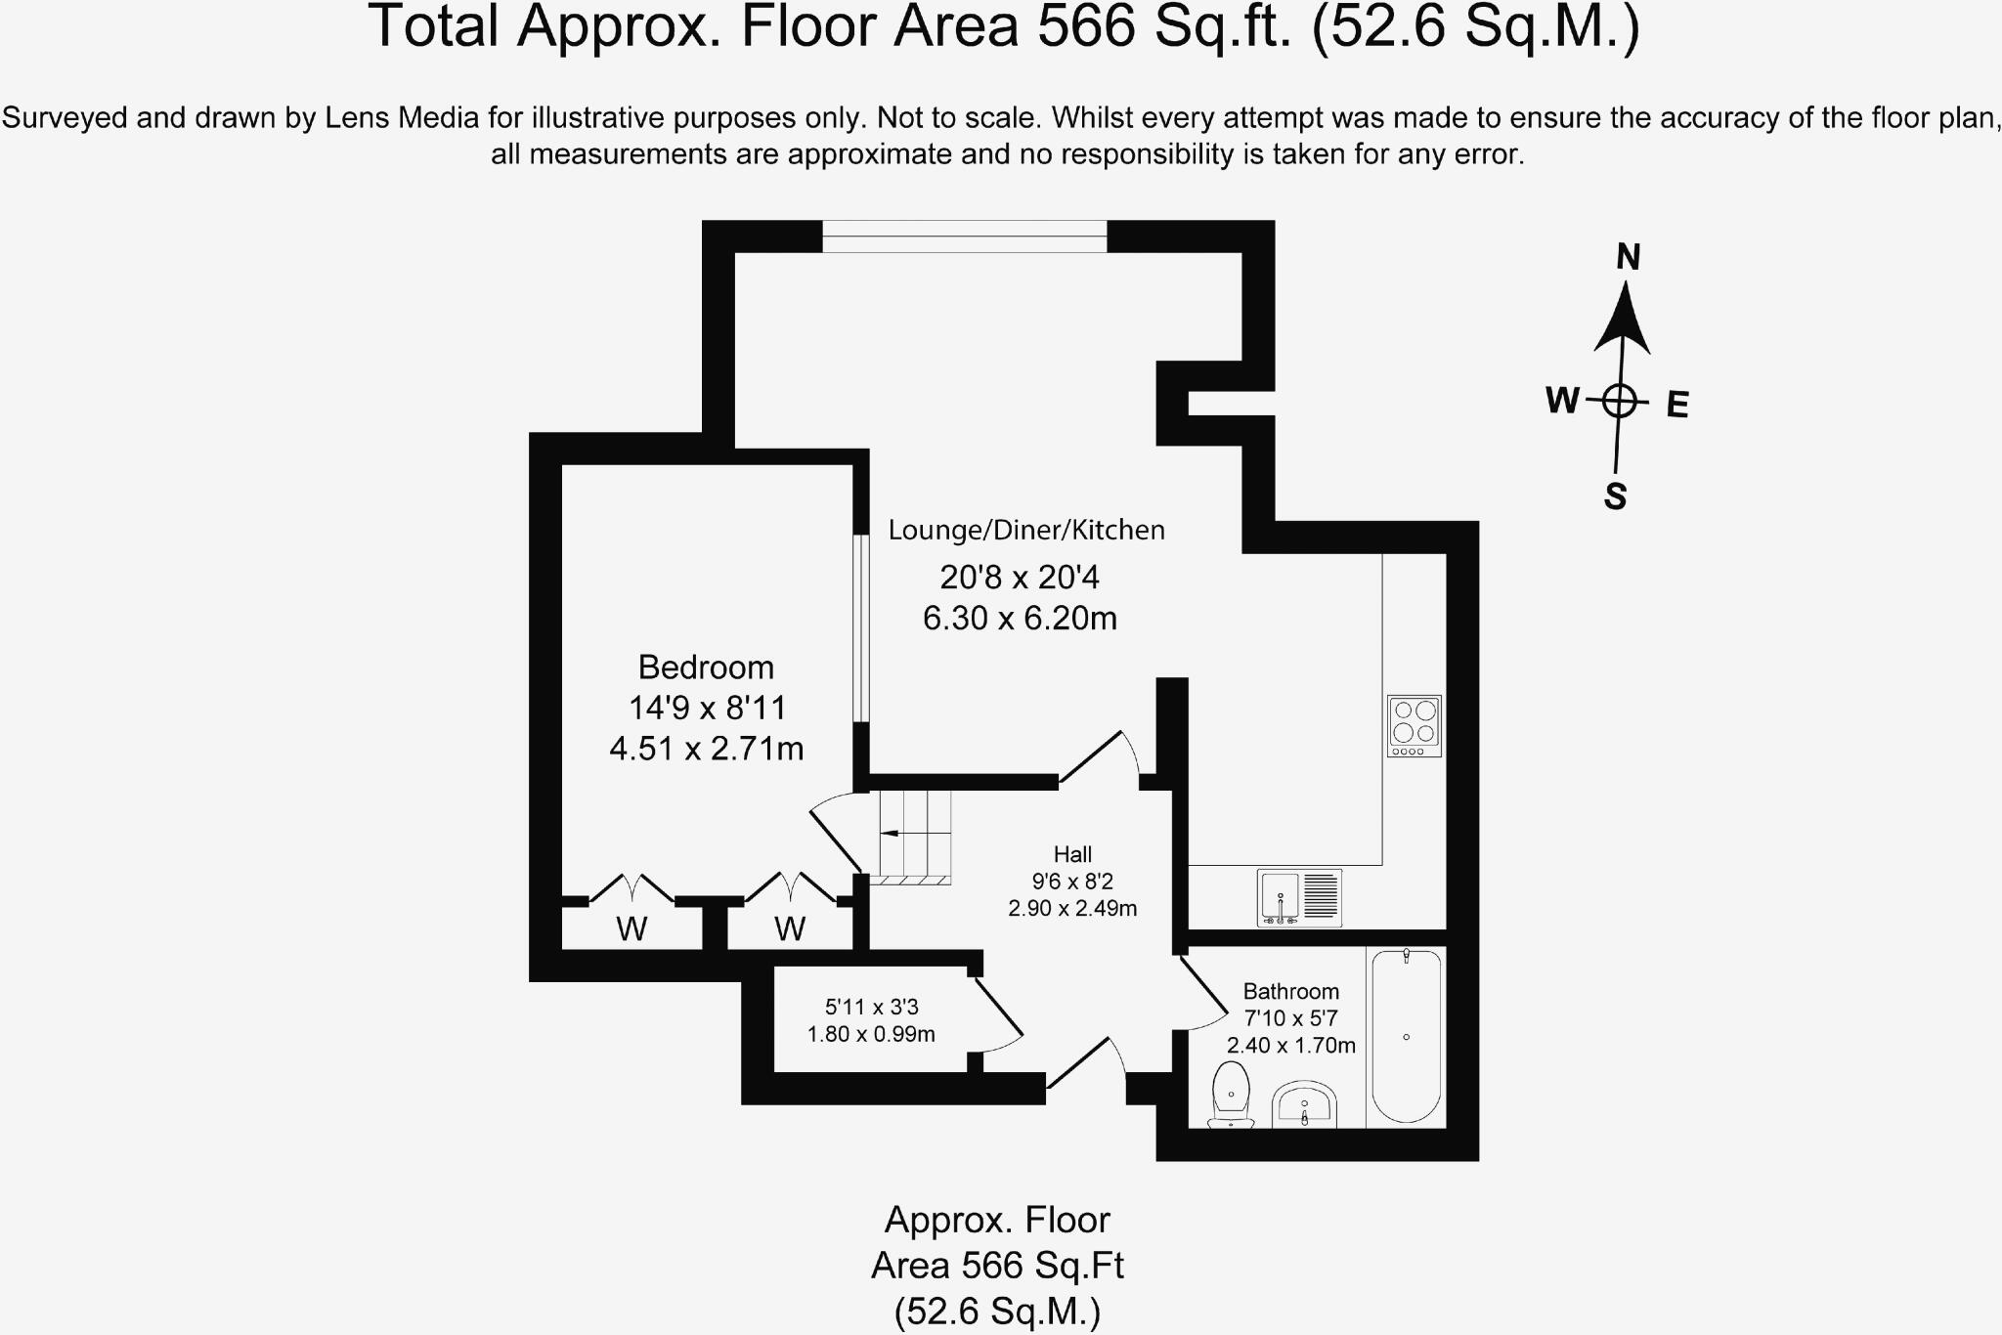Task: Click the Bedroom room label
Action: pos(706,667)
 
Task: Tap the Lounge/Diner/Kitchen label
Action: pos(1026,531)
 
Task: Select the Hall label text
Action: pos(1072,854)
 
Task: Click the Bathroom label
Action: pos(1290,991)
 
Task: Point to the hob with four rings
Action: pos(1414,725)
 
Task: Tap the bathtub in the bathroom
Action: pos(1406,1036)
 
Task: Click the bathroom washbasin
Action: pos(1304,1105)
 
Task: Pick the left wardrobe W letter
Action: pos(631,928)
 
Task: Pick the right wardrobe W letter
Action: pos(790,928)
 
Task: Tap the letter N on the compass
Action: pos(1628,257)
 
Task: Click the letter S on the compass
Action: pos(1615,496)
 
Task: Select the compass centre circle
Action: pos(1620,401)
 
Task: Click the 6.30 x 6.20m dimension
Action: pos(1020,619)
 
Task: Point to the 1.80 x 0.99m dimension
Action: pos(871,1034)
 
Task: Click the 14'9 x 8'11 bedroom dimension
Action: pos(707,708)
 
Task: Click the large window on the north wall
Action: pos(964,237)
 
